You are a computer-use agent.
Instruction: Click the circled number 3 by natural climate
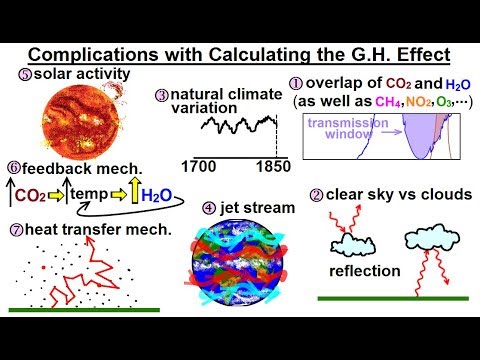pos(161,96)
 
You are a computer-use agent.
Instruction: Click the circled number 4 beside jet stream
pos(208,208)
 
